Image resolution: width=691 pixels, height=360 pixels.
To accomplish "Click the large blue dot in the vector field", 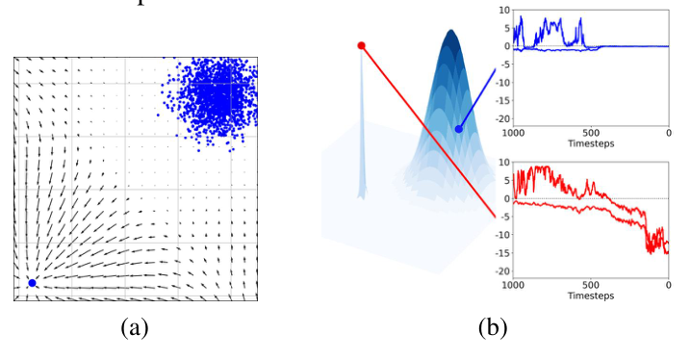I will pos(32,282).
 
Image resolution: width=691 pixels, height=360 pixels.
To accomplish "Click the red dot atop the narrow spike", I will pos(361,45).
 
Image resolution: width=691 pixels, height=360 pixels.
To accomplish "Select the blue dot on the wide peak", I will pos(458,129).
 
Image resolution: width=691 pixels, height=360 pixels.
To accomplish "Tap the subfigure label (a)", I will pos(134,328).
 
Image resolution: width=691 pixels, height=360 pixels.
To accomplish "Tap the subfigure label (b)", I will pos(492,328).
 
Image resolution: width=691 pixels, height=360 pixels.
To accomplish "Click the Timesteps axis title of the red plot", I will pos(591,298).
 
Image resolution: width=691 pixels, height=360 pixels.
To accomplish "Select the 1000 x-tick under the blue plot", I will pos(513,132).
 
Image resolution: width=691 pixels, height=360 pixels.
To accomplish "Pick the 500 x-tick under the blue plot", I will pos(591,132).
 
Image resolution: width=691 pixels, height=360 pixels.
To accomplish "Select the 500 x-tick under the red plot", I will pos(591,286).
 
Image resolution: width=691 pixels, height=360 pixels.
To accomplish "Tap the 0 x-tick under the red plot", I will pos(668,286).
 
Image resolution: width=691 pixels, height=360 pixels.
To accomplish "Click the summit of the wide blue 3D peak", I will pos(449,32).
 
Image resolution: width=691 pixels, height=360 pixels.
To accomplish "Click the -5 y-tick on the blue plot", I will pos(502,64).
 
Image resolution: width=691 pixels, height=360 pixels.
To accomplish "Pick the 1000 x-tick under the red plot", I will pos(513,286).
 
